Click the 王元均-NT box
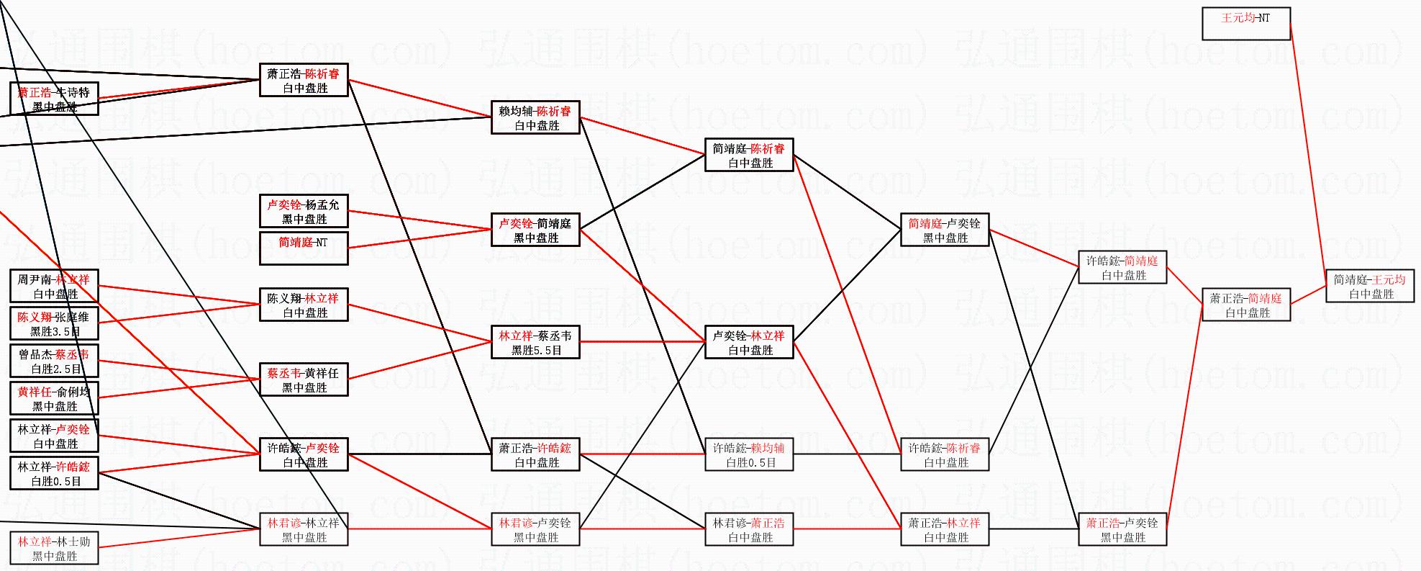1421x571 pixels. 1245,24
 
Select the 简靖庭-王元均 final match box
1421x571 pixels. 1369,287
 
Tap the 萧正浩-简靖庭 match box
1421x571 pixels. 1245,305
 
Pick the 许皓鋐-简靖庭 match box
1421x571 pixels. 1122,268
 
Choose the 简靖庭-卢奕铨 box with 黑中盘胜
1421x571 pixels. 945,230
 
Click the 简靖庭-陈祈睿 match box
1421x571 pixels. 749,156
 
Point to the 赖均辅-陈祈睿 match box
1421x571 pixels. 535,118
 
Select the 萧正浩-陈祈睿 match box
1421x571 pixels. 304,81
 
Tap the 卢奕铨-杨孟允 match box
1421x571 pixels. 304,212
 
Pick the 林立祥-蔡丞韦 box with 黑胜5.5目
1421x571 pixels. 535,343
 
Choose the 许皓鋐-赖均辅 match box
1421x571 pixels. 749,455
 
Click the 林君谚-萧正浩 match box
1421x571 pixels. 749,530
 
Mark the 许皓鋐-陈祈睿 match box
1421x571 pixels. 945,455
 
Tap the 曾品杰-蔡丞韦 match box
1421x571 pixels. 54,361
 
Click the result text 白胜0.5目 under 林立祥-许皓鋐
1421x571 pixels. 55,481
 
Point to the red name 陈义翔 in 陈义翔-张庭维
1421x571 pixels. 34,318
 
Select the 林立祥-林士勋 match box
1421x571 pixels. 54,549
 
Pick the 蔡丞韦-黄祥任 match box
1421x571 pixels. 304,380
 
